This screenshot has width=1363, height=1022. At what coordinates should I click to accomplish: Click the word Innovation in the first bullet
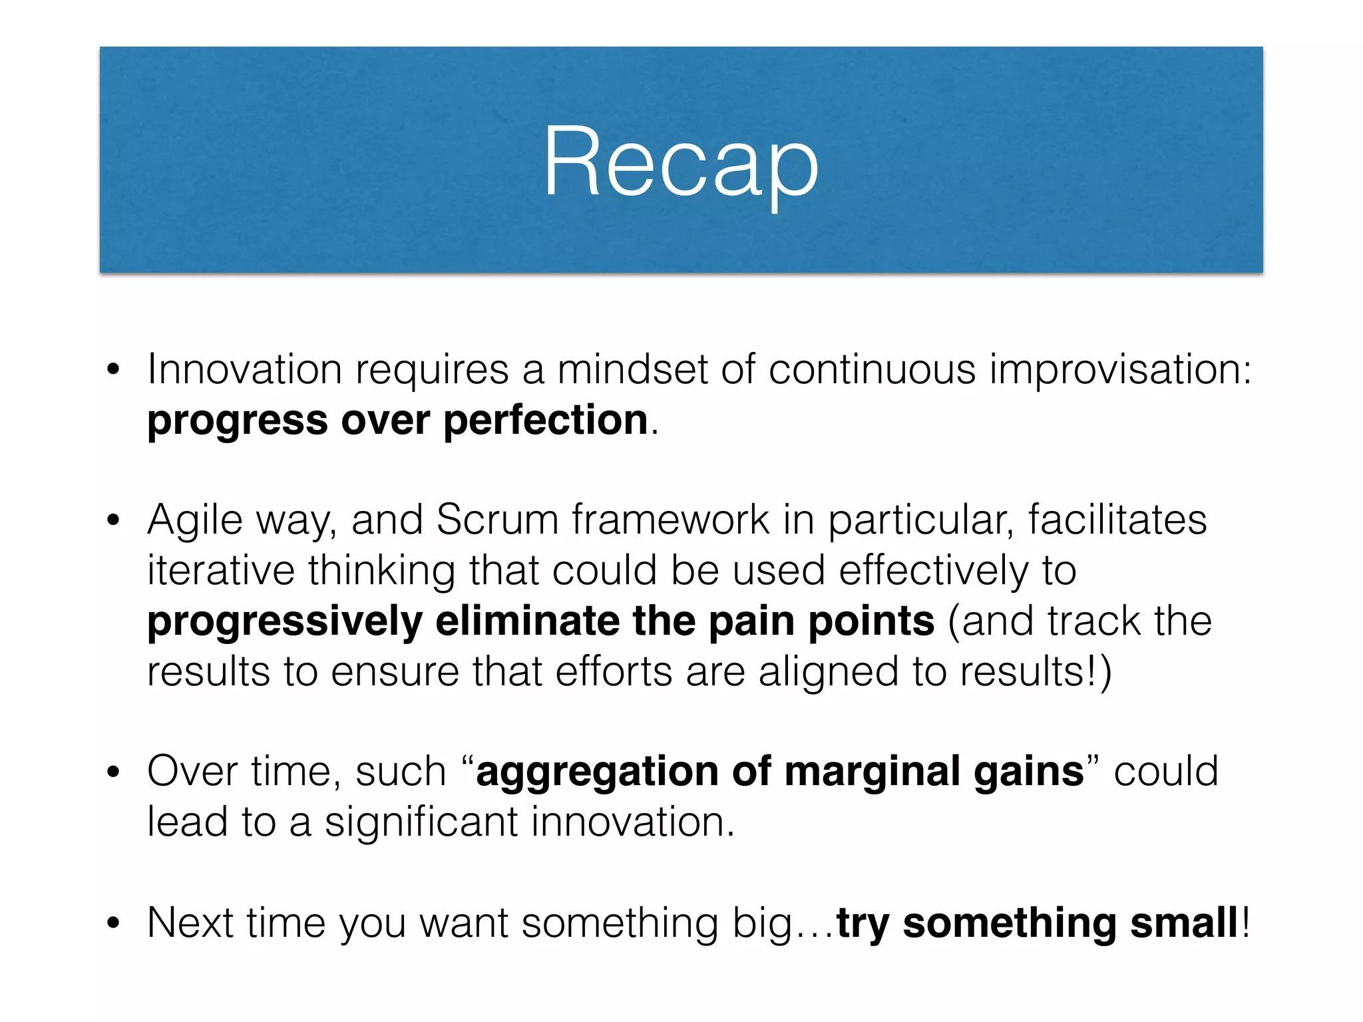[x=244, y=370]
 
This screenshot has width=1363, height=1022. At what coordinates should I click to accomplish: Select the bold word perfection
[x=546, y=421]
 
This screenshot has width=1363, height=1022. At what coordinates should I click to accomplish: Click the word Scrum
[x=497, y=520]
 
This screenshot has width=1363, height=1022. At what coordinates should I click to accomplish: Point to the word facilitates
[x=1117, y=520]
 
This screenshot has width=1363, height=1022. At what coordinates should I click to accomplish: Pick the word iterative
[x=220, y=571]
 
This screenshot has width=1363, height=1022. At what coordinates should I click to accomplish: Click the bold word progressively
[x=285, y=622]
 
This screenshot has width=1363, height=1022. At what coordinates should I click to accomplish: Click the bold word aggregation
[x=598, y=772]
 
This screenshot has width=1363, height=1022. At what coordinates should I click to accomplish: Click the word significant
[x=421, y=822]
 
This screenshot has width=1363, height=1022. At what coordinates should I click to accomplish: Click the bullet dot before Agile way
[x=114, y=520]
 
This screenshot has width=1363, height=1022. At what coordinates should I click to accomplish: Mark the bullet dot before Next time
[x=114, y=924]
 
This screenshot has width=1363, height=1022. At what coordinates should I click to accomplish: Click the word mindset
[x=632, y=370]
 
